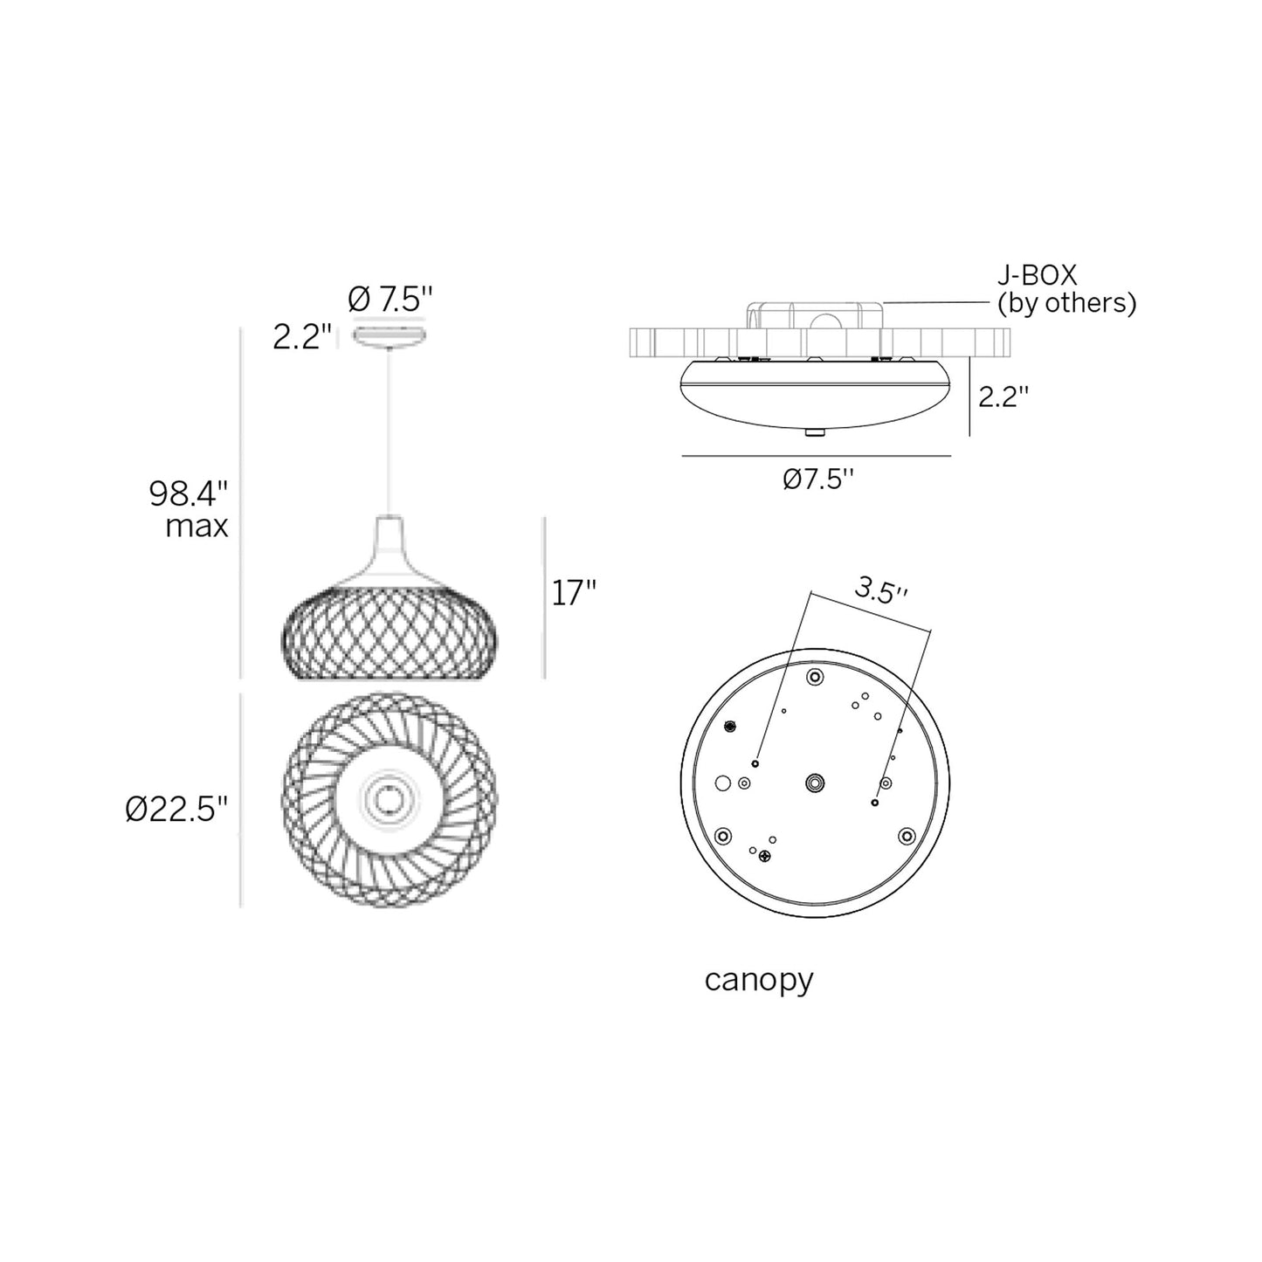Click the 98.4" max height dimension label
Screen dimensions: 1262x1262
189,510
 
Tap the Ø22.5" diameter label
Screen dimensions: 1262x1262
176,809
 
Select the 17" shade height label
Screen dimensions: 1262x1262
574,593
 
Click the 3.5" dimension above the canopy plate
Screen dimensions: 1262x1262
880,591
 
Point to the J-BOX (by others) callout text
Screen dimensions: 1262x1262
1066,289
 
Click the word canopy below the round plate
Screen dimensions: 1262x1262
758,980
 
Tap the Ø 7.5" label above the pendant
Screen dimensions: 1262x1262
390,300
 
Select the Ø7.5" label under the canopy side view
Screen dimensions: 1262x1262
817,479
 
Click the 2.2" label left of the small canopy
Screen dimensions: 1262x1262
302,337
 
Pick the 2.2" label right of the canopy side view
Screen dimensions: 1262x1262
1003,397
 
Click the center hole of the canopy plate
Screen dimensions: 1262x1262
815,783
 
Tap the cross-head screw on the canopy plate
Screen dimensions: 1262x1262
766,856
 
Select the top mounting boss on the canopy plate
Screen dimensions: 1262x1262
815,677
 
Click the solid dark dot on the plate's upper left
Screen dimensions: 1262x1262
731,725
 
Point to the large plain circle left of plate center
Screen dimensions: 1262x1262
722,783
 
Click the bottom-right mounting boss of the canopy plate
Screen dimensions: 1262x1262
907,836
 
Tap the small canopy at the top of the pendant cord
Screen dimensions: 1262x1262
389,337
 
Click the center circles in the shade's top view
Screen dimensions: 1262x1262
387,798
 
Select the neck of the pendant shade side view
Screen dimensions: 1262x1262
390,535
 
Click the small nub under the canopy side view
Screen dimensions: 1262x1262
814,431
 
